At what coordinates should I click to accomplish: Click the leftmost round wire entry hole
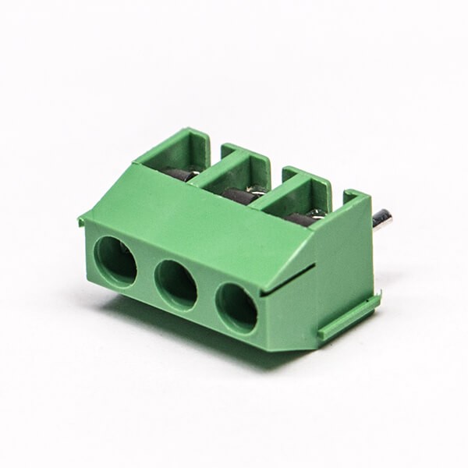115,261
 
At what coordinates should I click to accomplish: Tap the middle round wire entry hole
176,283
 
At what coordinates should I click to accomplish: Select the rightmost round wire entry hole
236,307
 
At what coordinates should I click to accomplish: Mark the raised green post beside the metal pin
356,200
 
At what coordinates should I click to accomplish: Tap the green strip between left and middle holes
146,272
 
